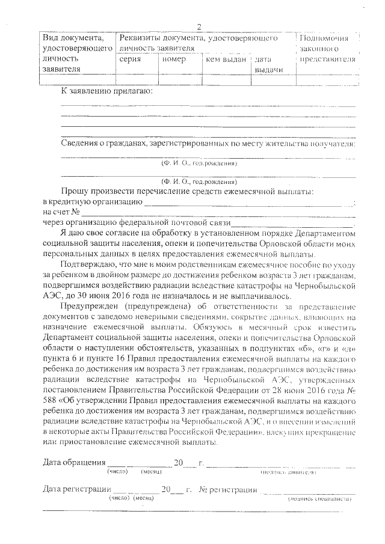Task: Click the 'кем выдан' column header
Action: [226, 60]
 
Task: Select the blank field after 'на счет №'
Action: [217, 212]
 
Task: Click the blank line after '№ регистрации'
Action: [307, 491]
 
